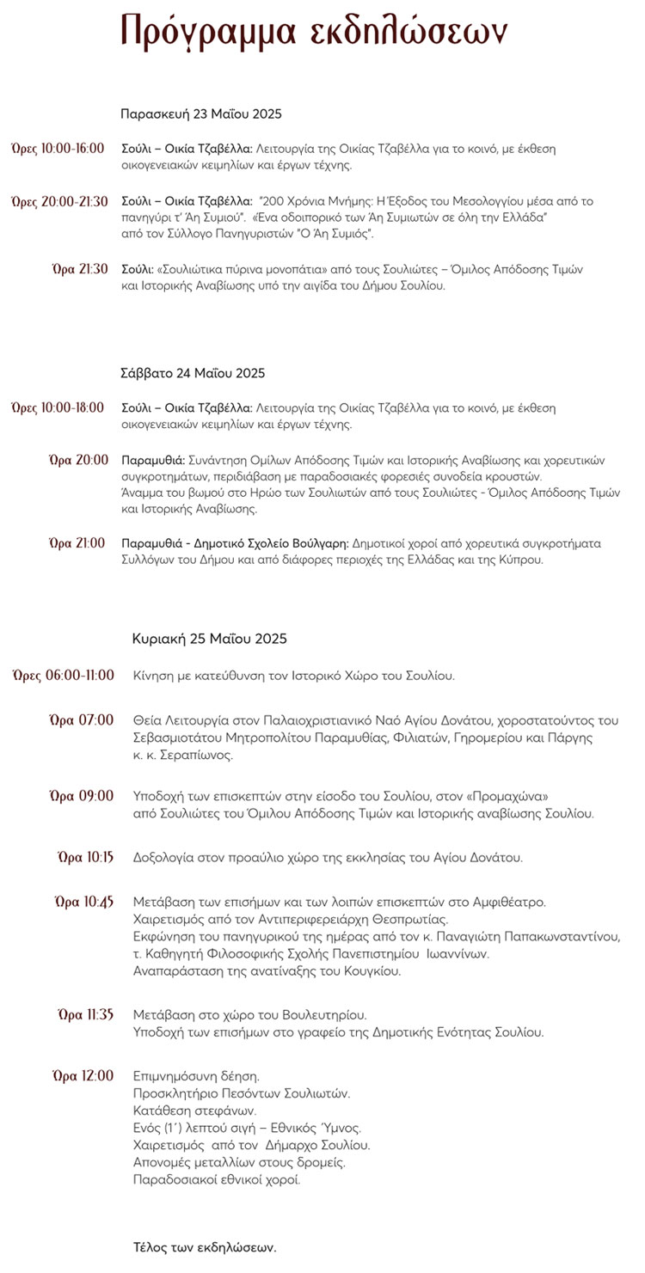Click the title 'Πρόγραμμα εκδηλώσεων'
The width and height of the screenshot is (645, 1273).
pyautogui.click(x=315, y=31)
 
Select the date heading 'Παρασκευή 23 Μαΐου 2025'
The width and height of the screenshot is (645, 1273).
pyautogui.click(x=201, y=113)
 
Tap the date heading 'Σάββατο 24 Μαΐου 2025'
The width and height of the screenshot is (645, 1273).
pyautogui.click(x=193, y=373)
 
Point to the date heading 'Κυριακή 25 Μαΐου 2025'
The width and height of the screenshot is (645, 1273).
pyautogui.click(x=210, y=639)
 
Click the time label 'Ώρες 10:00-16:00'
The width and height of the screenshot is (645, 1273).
pyautogui.click(x=58, y=149)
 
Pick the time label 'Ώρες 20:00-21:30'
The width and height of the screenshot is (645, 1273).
pyautogui.click(x=59, y=201)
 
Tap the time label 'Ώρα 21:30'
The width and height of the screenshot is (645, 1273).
pyautogui.click(x=80, y=268)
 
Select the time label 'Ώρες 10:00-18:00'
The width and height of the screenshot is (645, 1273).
pyautogui.click(x=58, y=407)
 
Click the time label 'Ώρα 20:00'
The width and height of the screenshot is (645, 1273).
pyautogui.click(x=79, y=460)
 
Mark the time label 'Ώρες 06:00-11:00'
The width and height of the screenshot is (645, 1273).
pyautogui.click(x=64, y=676)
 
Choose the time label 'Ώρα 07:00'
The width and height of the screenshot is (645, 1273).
pyautogui.click(x=82, y=719)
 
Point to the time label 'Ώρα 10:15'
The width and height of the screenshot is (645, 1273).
pyautogui.click(x=85, y=857)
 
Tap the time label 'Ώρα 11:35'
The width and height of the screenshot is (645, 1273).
pyautogui.click(x=85, y=1014)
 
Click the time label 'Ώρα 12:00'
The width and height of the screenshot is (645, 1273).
pyautogui.click(x=83, y=1075)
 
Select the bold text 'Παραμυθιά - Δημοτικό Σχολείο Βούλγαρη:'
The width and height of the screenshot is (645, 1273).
pyautogui.click(x=236, y=543)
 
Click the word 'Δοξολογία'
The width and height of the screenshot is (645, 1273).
pyautogui.click(x=163, y=857)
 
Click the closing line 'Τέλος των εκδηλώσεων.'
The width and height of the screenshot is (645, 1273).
pyautogui.click(x=205, y=1246)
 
